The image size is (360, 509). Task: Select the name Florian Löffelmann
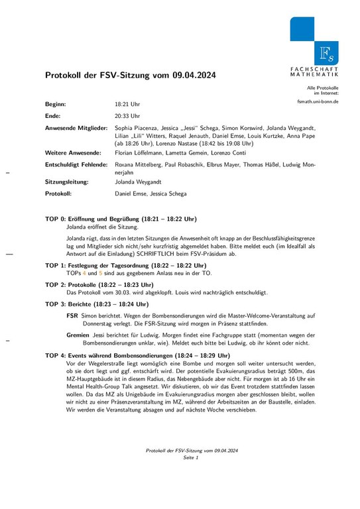click(x=142, y=152)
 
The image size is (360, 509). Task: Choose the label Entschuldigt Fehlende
click(x=77, y=164)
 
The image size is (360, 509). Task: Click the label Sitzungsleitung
click(x=68, y=181)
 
